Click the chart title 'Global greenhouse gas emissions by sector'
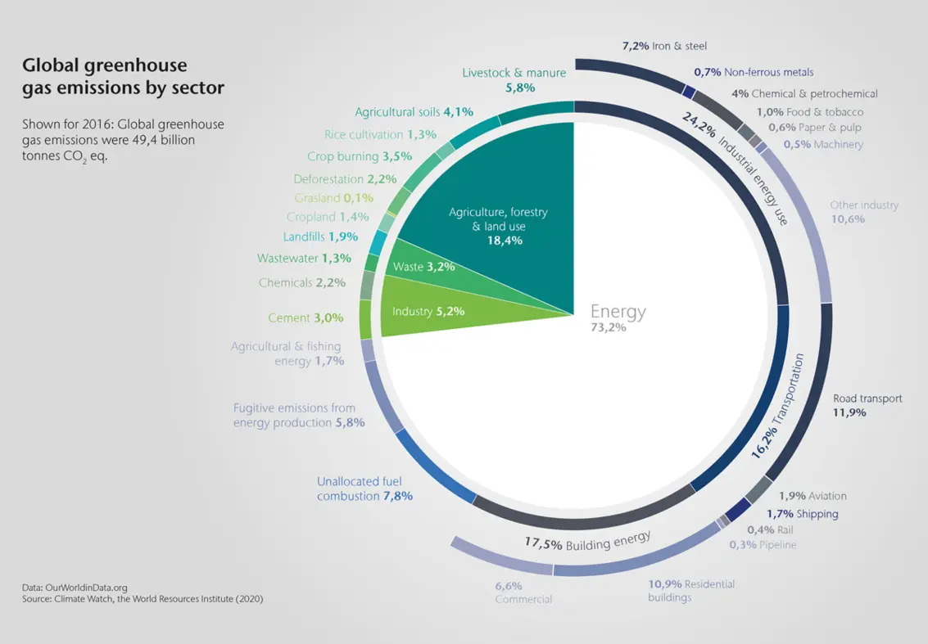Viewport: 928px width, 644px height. pos(123,75)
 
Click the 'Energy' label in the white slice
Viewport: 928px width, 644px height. pos(618,312)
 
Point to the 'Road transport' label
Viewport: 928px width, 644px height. pos(867,399)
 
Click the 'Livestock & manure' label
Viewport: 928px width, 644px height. pos(514,73)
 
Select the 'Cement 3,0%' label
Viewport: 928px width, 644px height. pos(306,317)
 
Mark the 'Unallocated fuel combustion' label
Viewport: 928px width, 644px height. pos(364,489)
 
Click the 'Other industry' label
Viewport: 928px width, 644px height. pos(863,205)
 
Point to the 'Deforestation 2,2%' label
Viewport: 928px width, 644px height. pos(345,178)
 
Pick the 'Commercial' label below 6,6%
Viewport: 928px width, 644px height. pos(523,599)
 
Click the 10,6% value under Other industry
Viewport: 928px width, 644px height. pos(847,218)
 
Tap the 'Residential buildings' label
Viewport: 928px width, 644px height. pos(691,591)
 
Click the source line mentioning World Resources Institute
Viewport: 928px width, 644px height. pos(142,599)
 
